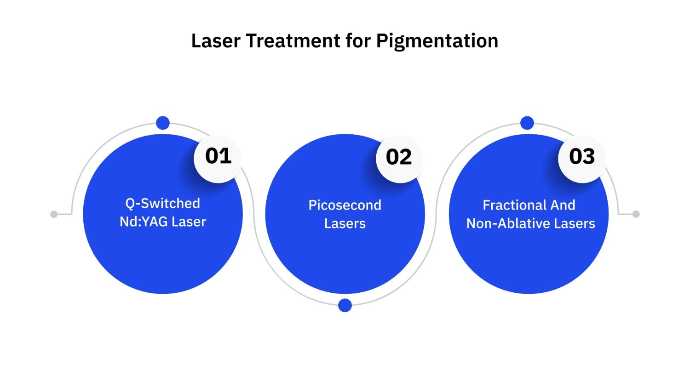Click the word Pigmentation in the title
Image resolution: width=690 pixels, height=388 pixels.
(x=437, y=41)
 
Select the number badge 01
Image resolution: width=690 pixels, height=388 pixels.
(x=218, y=156)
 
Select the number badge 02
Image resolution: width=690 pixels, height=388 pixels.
(x=399, y=157)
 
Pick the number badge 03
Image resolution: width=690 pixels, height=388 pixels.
(x=582, y=157)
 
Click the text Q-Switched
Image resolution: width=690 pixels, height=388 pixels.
(x=163, y=203)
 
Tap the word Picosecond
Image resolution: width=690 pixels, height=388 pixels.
(x=345, y=205)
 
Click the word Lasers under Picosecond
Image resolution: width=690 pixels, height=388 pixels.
(x=345, y=223)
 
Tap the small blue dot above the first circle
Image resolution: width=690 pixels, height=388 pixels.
(x=163, y=123)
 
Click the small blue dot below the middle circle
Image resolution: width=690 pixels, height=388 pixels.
(x=345, y=305)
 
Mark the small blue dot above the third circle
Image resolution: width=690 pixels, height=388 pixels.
(x=527, y=123)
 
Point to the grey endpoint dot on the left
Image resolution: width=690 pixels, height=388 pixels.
(x=54, y=214)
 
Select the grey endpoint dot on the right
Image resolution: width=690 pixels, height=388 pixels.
(x=636, y=214)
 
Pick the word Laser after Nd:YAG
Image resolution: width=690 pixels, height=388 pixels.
(x=189, y=222)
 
